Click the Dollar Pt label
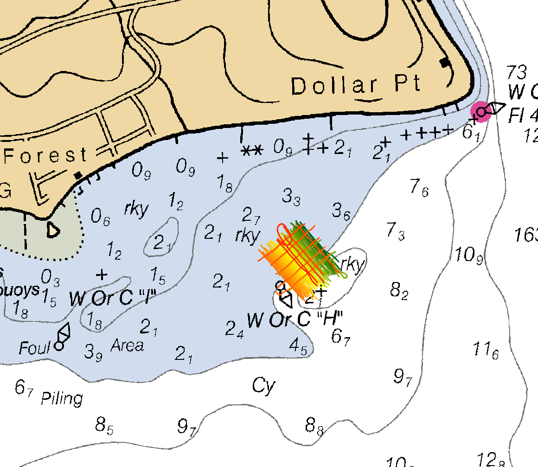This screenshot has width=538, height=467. [x=356, y=85]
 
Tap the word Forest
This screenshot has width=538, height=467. [x=45, y=155]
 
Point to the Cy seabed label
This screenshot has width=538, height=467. [x=263, y=385]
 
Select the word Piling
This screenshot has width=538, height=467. [x=62, y=398]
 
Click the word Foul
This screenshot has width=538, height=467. [x=34, y=348]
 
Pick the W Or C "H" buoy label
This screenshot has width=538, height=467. [x=295, y=320]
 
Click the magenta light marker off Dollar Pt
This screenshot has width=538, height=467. [x=481, y=112]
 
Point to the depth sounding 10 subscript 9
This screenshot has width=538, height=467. [x=469, y=255]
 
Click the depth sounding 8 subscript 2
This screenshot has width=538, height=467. [x=399, y=291]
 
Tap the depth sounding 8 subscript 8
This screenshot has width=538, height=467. [x=314, y=426]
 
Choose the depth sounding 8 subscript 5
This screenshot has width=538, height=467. [x=104, y=426]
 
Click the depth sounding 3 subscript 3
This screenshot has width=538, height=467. [x=291, y=197]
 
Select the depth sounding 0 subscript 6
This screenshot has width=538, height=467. [x=100, y=217]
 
